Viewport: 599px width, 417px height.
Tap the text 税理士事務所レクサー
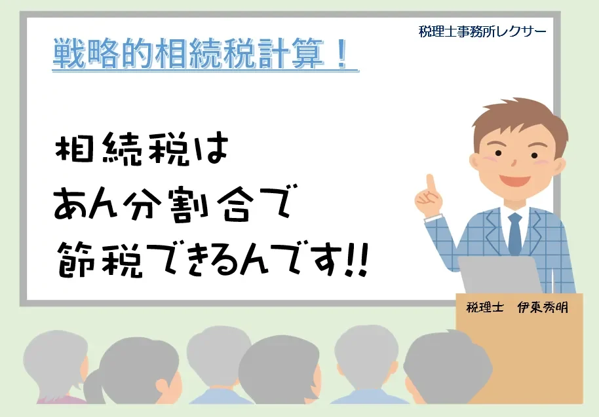[x=482, y=31]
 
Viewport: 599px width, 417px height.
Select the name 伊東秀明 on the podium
[x=543, y=307]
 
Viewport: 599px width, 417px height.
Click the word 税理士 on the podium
[x=485, y=307]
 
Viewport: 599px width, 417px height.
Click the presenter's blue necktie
[x=514, y=234]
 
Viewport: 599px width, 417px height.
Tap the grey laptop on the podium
[x=499, y=274]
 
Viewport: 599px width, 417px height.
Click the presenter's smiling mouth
[x=514, y=179]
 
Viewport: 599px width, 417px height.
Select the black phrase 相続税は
[x=142, y=148]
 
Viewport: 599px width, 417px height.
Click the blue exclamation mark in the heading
[x=343, y=54]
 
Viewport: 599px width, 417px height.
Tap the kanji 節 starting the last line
[x=76, y=259]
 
